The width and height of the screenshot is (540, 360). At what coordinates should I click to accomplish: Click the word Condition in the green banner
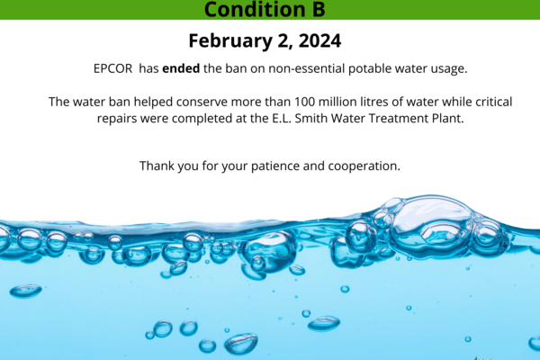click(x=255, y=9)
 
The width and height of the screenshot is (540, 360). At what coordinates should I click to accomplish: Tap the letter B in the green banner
click(x=319, y=9)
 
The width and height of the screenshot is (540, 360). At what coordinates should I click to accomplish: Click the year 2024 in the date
click(x=319, y=40)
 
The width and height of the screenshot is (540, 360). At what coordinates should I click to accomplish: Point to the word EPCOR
click(x=113, y=68)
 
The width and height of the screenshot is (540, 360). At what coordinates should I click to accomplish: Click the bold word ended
click(x=181, y=68)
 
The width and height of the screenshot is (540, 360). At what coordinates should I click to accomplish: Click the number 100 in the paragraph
click(x=304, y=102)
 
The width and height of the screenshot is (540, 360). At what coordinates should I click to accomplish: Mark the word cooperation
click(x=364, y=166)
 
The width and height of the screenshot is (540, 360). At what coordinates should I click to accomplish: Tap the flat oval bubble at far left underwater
click(x=26, y=291)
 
